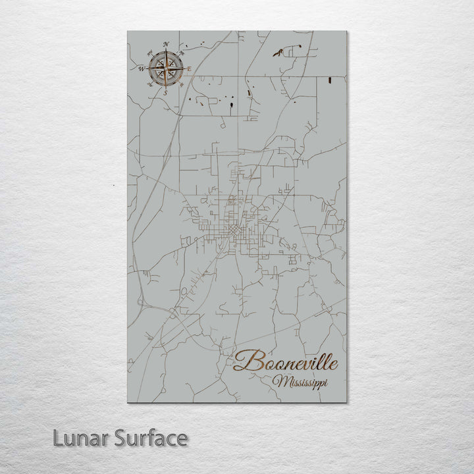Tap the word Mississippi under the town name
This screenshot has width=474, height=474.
303,381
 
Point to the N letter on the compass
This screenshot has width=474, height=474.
166,44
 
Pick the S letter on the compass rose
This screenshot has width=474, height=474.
166,92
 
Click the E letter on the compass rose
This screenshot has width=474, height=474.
190,68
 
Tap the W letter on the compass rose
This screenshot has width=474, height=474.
142,68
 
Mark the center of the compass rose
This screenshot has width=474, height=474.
166,68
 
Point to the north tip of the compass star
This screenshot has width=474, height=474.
166,49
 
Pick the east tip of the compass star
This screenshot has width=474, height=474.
184,68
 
